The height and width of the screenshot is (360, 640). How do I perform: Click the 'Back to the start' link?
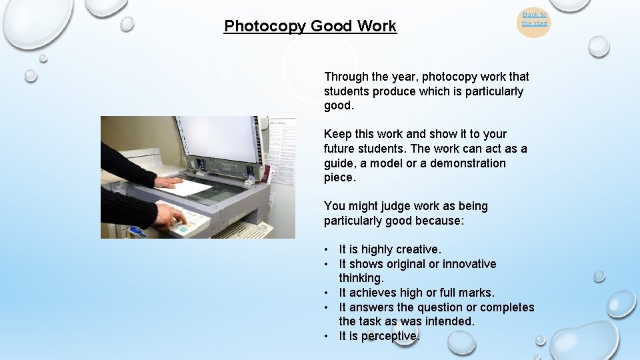coord(534,19)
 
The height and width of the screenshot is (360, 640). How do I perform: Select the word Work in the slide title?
coord(376,26)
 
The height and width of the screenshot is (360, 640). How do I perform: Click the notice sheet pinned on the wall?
coord(282,150)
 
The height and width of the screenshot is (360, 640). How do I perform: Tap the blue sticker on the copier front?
coord(137,232)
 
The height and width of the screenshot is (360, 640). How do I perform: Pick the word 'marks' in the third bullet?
coord(475,293)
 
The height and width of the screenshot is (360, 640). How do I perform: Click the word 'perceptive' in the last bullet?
coord(390,336)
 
